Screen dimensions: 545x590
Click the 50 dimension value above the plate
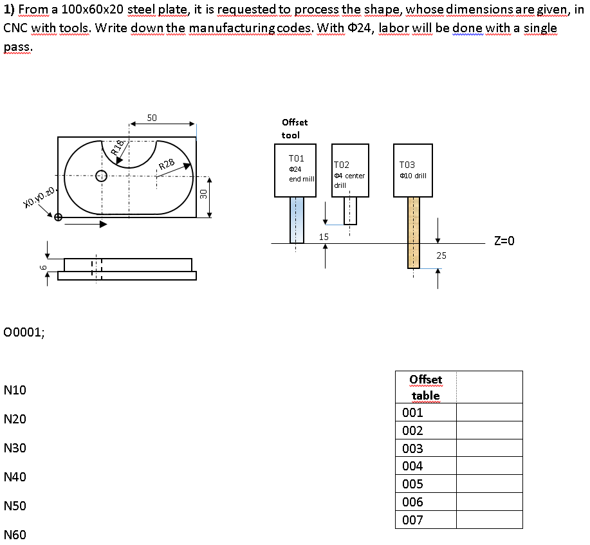pyautogui.click(x=152, y=118)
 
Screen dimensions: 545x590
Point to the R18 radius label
pyautogui.click(x=117, y=149)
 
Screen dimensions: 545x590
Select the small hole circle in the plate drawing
pyautogui.click(x=101, y=176)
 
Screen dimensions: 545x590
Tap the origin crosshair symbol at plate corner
pyautogui.click(x=59, y=217)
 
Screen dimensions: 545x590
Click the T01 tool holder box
pyautogui.click(x=296, y=170)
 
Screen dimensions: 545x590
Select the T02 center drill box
pyautogui.click(x=350, y=170)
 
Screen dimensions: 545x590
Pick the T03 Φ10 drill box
pyautogui.click(x=413, y=170)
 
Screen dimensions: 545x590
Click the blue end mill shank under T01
pyautogui.click(x=296, y=219)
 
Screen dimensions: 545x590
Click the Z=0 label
pyautogui.click(x=504, y=241)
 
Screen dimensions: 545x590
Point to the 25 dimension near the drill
pyautogui.click(x=441, y=255)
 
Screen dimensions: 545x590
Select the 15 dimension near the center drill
pyautogui.click(x=324, y=237)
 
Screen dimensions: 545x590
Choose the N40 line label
pyautogui.click(x=15, y=477)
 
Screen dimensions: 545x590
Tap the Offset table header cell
pyautogui.click(x=425, y=387)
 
